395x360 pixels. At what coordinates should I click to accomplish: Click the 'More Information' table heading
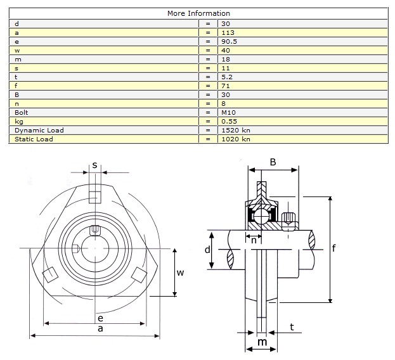pyautogui.click(x=198, y=13)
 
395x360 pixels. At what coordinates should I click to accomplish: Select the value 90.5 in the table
pyautogui.click(x=230, y=41)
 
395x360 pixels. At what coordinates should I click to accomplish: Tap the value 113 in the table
pyautogui.click(x=227, y=32)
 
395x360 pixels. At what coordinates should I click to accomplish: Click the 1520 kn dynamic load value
pyautogui.click(x=236, y=130)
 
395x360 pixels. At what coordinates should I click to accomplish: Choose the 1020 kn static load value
pyautogui.click(x=236, y=139)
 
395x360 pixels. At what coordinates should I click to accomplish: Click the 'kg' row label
pyautogui.click(x=18, y=121)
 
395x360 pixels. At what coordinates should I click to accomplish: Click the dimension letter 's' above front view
pyautogui.click(x=94, y=165)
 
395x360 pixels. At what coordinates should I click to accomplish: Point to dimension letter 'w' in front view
pyautogui.click(x=180, y=273)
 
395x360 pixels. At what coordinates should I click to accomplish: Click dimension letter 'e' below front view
pyautogui.click(x=100, y=318)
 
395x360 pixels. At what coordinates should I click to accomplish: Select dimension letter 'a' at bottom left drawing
pyautogui.click(x=100, y=329)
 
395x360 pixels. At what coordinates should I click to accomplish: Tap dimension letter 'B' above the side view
pyautogui.click(x=273, y=162)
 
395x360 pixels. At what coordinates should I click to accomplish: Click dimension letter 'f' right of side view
pyautogui.click(x=333, y=248)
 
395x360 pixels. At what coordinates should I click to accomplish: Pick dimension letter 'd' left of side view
pyautogui.click(x=207, y=250)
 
